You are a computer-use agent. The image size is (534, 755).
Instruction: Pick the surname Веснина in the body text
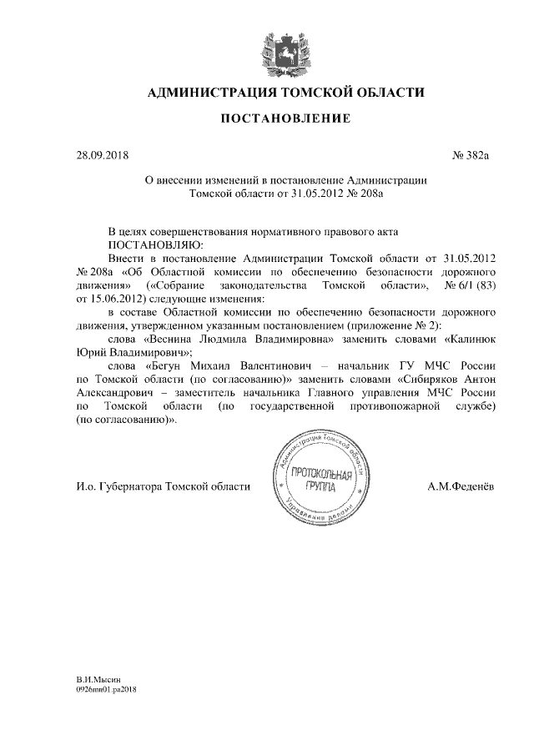pyautogui.click(x=178, y=340)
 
